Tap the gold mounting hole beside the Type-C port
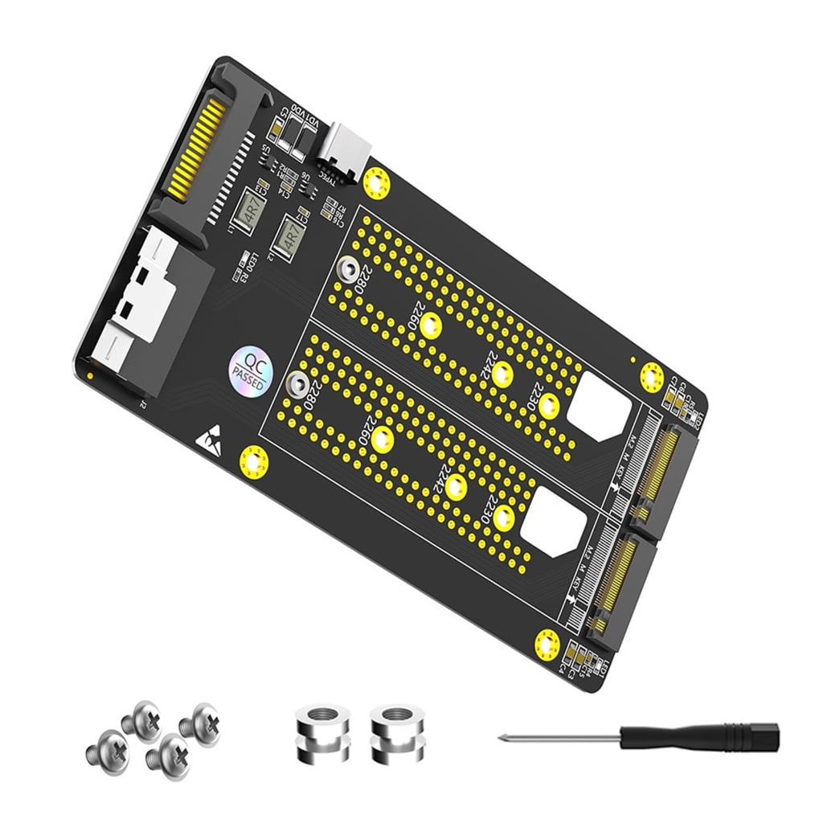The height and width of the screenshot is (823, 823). [376, 183]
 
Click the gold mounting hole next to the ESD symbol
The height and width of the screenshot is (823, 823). [254, 462]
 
